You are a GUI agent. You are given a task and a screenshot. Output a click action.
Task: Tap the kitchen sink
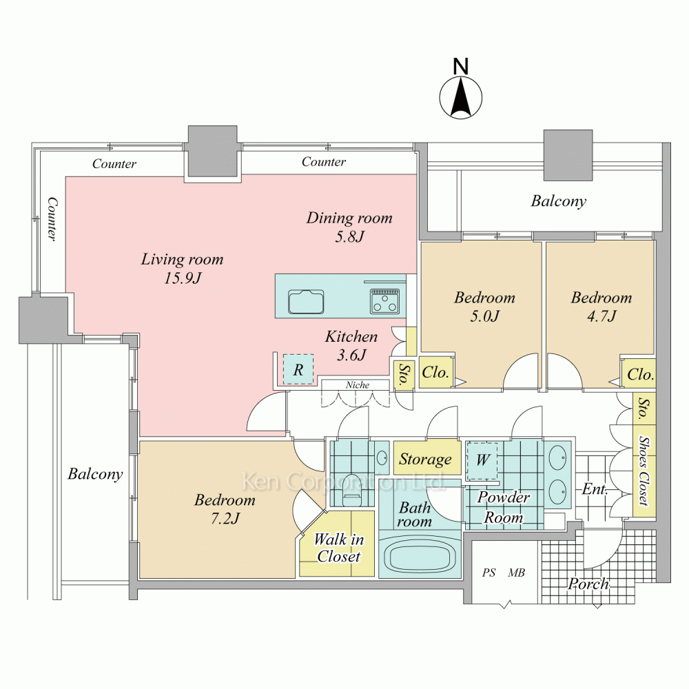point(307,302)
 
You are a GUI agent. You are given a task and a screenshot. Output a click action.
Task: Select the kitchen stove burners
point(385,301)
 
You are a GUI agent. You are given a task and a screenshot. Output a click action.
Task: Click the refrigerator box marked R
point(298,369)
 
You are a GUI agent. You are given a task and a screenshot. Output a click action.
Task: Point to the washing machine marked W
point(482,461)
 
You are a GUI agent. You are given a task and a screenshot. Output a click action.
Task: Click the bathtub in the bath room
point(419,557)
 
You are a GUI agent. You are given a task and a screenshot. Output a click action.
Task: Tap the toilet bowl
point(351,489)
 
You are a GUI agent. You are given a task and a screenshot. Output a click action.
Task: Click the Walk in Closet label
point(339,548)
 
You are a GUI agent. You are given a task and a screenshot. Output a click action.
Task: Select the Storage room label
point(425,459)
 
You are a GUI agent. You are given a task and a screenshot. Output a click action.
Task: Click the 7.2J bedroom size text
point(225,519)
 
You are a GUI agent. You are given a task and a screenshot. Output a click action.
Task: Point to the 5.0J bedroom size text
point(484,316)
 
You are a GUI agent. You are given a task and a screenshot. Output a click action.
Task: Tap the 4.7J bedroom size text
point(601,316)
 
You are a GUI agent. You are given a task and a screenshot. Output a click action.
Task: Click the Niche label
point(357,385)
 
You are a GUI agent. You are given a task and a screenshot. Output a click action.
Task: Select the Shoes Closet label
point(644,471)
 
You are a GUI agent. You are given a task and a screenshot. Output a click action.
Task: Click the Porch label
point(588,584)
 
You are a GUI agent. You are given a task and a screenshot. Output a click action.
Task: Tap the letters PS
point(489,573)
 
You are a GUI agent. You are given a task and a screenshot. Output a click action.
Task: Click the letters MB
point(516,573)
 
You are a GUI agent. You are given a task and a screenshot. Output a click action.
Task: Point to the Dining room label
point(349,218)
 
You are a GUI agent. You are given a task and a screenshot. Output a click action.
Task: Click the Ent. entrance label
point(595,489)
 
